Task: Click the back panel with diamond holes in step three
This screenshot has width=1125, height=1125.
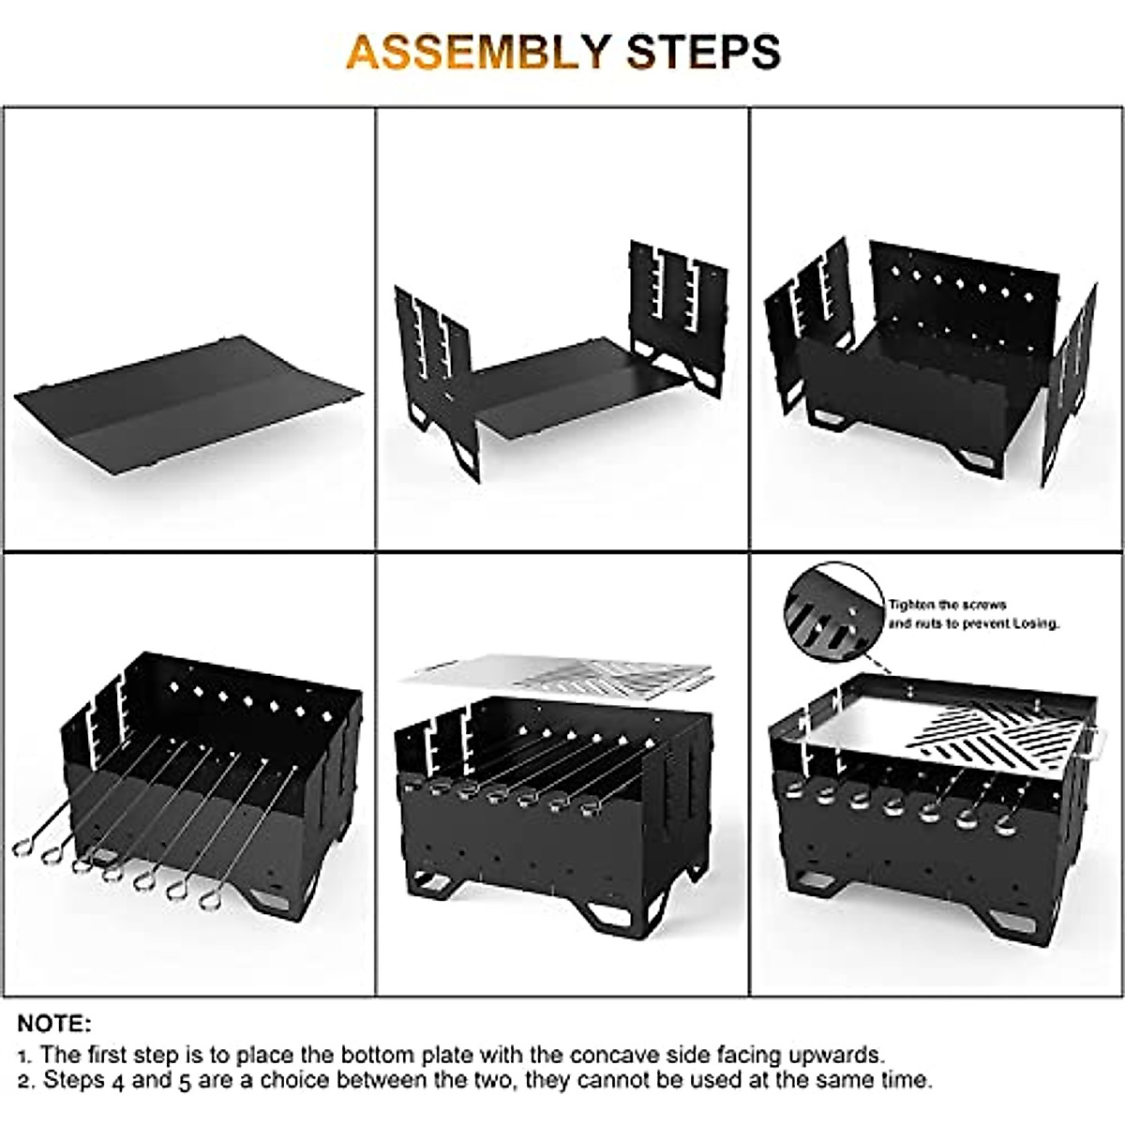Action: (x=975, y=291)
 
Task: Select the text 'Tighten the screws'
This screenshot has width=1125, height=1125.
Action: (x=947, y=605)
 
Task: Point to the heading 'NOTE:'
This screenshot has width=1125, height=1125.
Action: (x=54, y=1022)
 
